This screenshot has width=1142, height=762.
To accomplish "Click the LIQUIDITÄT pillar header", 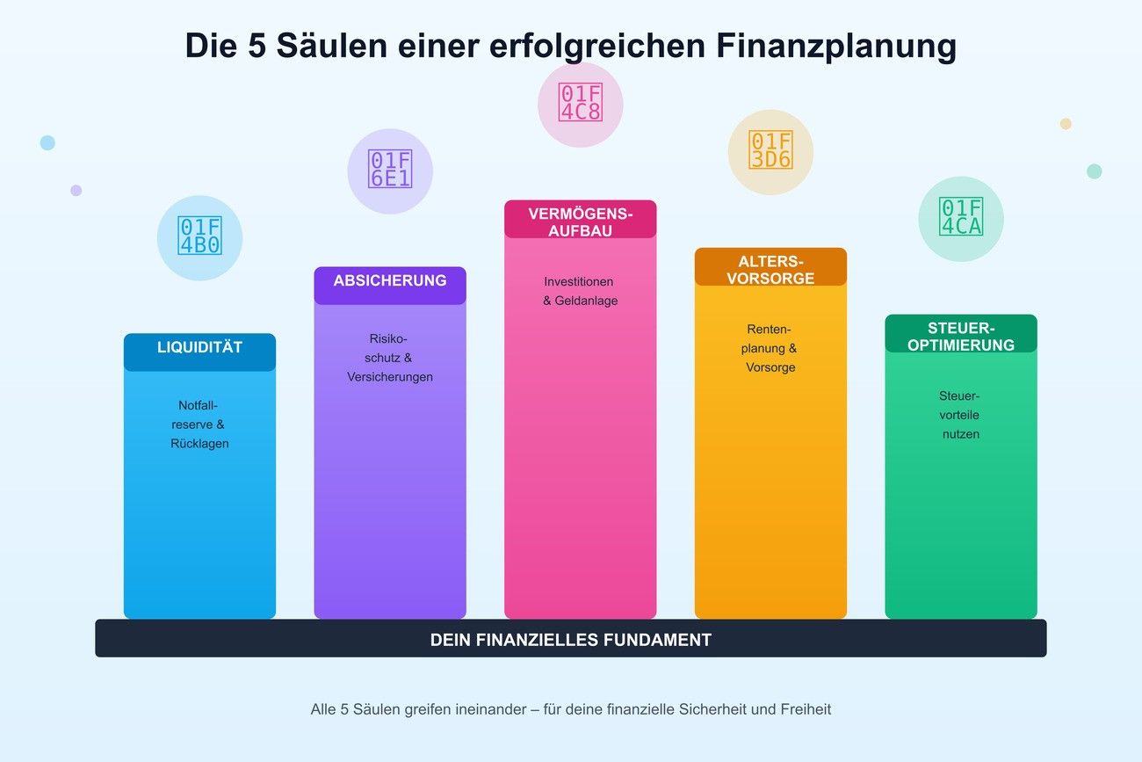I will click(x=199, y=348).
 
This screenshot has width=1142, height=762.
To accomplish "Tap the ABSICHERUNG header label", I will click(x=390, y=281).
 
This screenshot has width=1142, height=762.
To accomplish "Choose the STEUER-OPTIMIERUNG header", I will click(x=960, y=337).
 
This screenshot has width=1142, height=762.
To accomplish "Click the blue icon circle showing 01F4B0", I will click(x=199, y=237).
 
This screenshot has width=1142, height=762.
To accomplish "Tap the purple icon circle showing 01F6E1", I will click(x=390, y=171).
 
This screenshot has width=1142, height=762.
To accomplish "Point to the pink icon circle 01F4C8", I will click(x=580, y=105).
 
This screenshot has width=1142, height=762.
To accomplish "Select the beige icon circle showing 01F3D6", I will click(x=770, y=152).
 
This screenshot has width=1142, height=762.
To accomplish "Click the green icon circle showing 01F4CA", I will click(x=960, y=219).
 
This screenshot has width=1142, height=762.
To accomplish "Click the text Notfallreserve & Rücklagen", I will click(x=199, y=425).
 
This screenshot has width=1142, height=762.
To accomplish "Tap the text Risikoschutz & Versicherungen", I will click(x=390, y=358).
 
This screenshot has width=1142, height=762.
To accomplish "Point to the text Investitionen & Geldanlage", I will click(x=580, y=291).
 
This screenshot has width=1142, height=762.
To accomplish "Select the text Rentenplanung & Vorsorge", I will click(x=770, y=348).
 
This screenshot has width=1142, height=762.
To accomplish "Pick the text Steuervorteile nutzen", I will click(x=960, y=415).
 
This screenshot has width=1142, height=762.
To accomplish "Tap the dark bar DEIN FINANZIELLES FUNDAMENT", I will click(x=571, y=640).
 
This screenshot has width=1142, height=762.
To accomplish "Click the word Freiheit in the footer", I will click(x=805, y=709).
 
